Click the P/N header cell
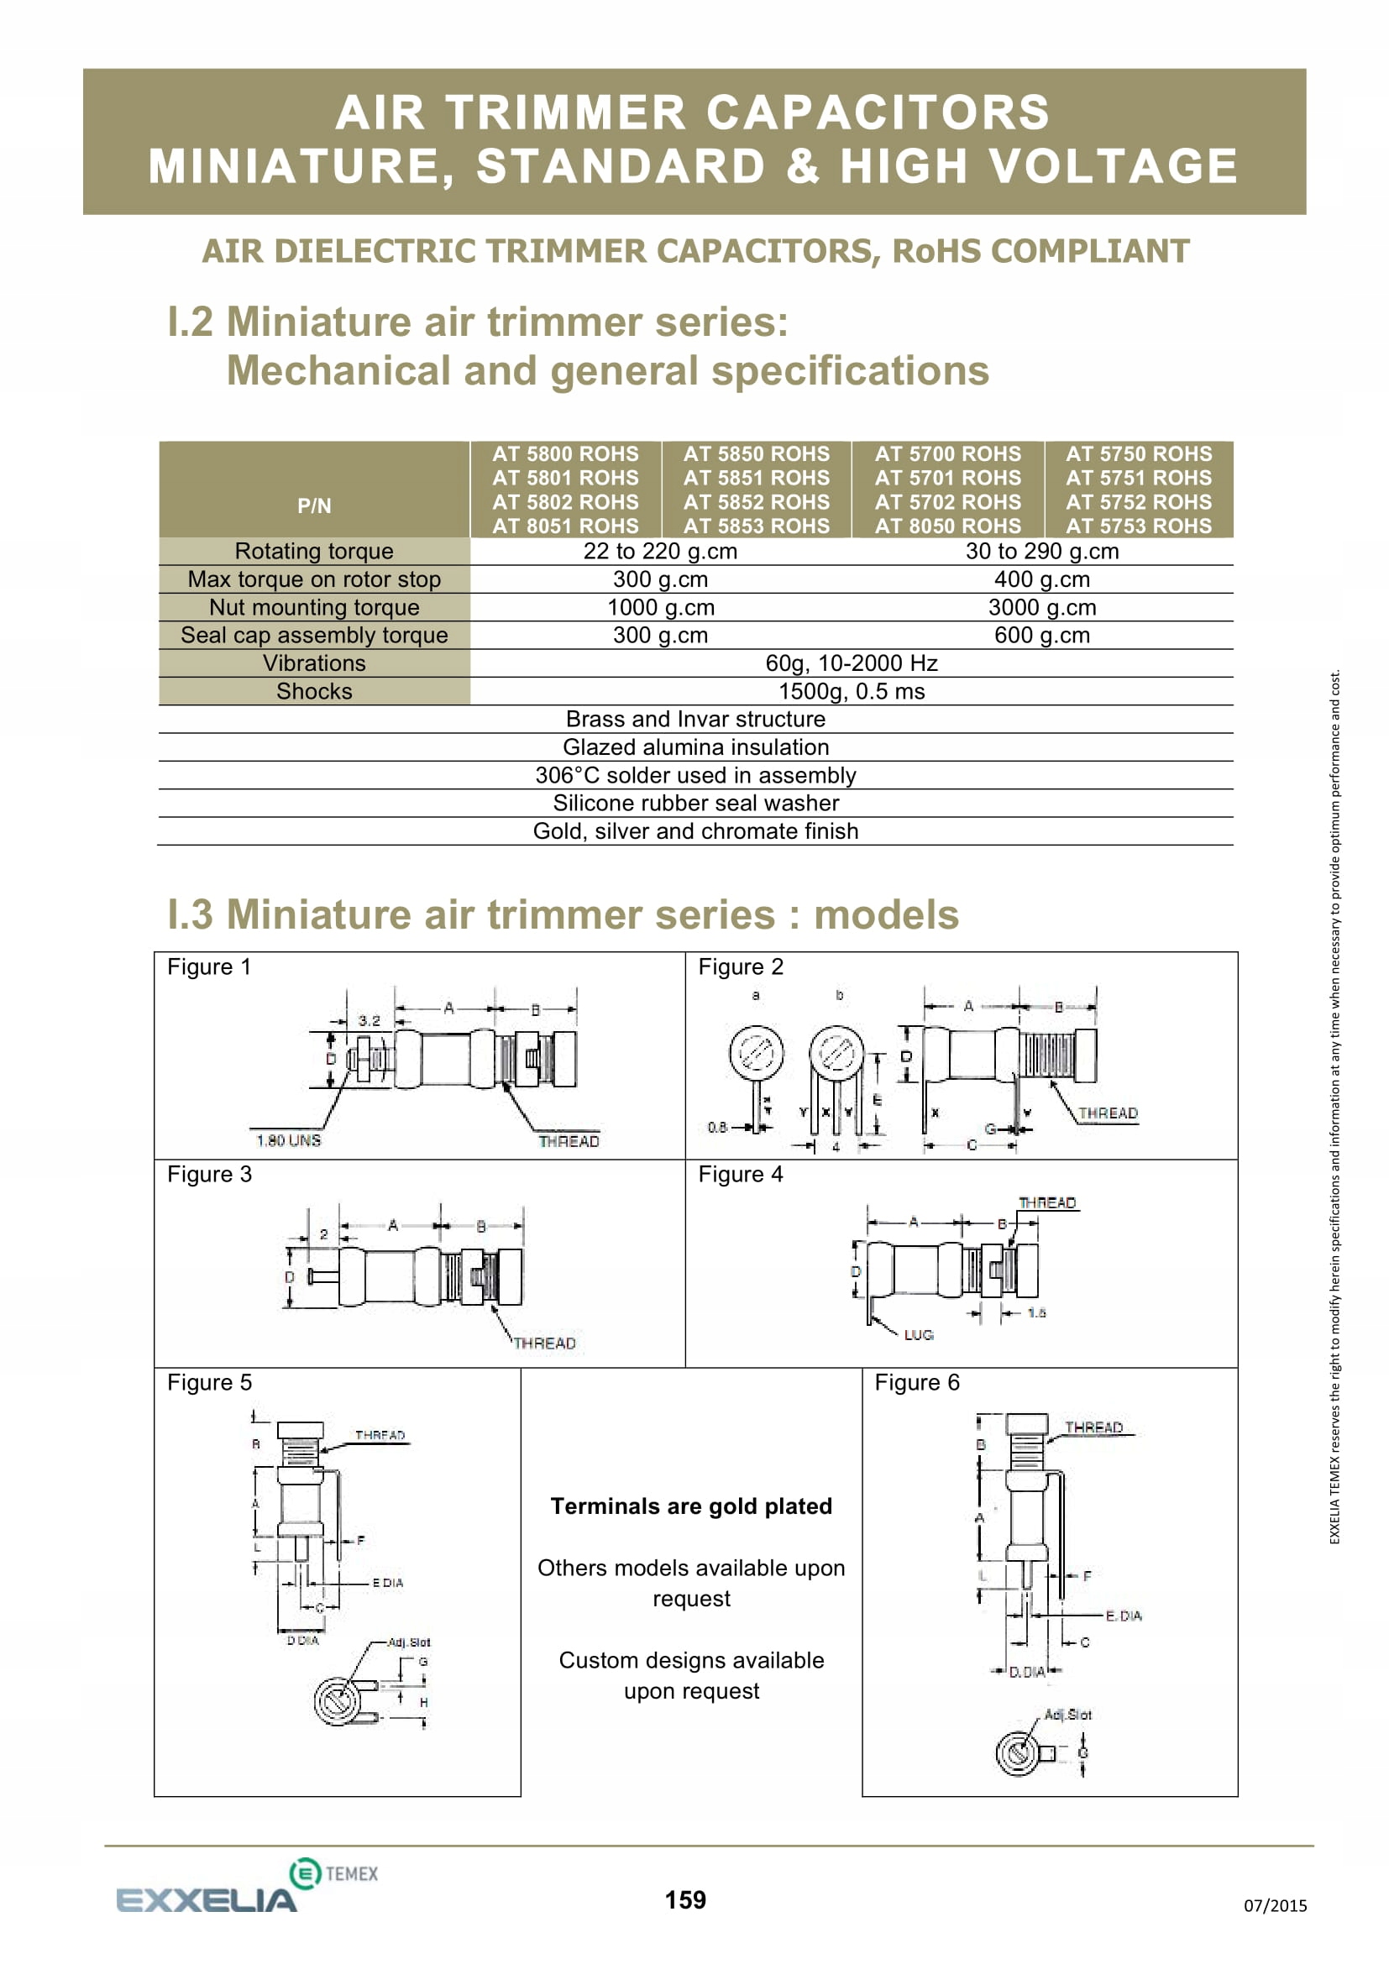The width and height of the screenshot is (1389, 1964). [314, 505]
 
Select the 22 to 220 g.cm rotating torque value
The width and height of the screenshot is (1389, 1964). [659, 551]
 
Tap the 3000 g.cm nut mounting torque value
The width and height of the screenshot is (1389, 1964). [1040, 607]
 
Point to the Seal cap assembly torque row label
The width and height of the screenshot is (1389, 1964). [314, 635]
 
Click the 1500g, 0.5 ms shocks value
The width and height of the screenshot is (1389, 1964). [851, 691]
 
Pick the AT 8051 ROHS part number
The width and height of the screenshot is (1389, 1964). [564, 526]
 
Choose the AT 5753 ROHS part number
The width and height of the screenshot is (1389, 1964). [1139, 526]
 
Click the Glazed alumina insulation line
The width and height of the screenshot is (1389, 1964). [695, 746]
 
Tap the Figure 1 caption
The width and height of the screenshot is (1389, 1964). [209, 966]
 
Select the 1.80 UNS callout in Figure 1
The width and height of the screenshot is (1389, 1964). [288, 1140]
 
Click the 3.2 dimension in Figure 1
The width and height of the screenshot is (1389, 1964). [370, 1020]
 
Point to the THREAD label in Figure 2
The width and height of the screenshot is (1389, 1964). [1108, 1113]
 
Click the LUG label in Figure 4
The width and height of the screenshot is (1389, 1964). [919, 1334]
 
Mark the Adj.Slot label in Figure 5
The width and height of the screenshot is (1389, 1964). [409, 1642]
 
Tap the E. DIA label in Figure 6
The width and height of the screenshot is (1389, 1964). [1124, 1616]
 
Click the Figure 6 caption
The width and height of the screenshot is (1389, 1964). [917, 1382]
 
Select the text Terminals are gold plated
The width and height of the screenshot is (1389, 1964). [691, 1506]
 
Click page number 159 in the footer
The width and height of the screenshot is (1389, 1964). [685, 1900]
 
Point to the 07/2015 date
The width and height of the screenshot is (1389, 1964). [1275, 1905]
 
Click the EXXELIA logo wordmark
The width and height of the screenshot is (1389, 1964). [206, 1901]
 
